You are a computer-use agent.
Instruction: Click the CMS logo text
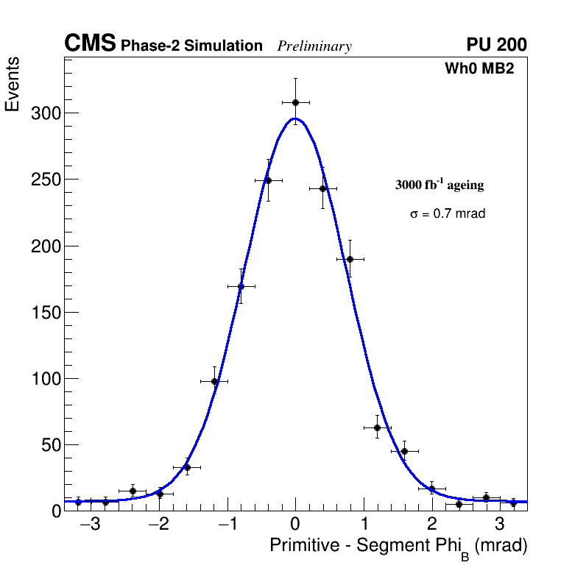pyautogui.click(x=90, y=45)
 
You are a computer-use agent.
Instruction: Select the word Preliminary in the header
pyautogui.click(x=314, y=46)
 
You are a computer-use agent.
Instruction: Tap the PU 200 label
pyautogui.click(x=496, y=45)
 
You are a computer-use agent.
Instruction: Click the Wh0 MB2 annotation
pyautogui.click(x=479, y=68)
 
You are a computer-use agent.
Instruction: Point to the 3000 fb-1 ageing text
pyautogui.click(x=439, y=185)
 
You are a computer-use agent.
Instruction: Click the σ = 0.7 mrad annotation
pyautogui.click(x=448, y=214)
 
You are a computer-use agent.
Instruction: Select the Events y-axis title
pyautogui.click(x=13, y=85)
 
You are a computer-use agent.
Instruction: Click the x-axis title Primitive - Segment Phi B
pyautogui.click(x=398, y=547)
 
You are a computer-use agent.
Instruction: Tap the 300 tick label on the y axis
pyautogui.click(x=45, y=113)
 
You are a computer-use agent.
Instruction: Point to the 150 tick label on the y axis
pyautogui.click(x=45, y=313)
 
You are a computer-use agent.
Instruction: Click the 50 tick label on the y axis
pyautogui.click(x=49, y=445)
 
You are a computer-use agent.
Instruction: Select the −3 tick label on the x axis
pyautogui.click(x=90, y=525)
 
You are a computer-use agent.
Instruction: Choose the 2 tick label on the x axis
pyautogui.click(x=431, y=525)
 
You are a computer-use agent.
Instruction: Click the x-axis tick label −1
pyautogui.click(x=226, y=525)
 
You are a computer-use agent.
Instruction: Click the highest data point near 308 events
pyautogui.click(x=295, y=102)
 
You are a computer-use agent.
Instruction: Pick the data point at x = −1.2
pyautogui.click(x=214, y=381)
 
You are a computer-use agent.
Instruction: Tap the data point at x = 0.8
pyautogui.click(x=350, y=259)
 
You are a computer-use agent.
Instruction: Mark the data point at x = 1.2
pyautogui.click(x=378, y=427)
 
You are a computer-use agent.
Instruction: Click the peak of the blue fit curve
pyautogui.click(x=294, y=118)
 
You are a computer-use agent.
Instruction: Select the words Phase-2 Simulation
pyautogui.click(x=191, y=46)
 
